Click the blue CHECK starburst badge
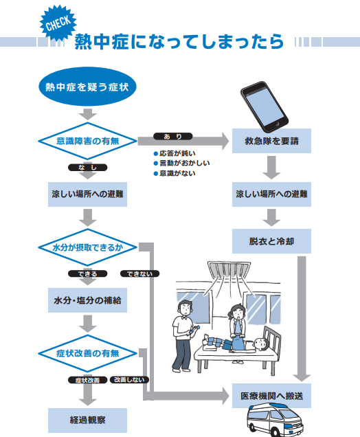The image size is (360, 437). [58, 23]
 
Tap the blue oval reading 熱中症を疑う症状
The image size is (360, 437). [87, 87]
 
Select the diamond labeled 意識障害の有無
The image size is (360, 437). [87, 141]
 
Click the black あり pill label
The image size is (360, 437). [172, 136]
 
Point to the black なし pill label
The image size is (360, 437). [87, 167]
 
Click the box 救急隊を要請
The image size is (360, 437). [271, 141]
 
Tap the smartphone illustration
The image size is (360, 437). [264, 107]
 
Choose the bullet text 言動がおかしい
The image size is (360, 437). [184, 163]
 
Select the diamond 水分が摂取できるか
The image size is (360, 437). [87, 247]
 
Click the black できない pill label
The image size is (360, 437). [139, 273]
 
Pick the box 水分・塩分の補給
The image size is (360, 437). [87, 300]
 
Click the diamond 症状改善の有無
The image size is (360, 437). [87, 353]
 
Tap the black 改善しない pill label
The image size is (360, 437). [129, 379]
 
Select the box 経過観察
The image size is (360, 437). [87, 421]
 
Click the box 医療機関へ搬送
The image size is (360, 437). [271, 396]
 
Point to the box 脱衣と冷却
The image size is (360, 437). [271, 241]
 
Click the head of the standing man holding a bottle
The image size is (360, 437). [185, 308]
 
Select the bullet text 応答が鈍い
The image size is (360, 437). [177, 153]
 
